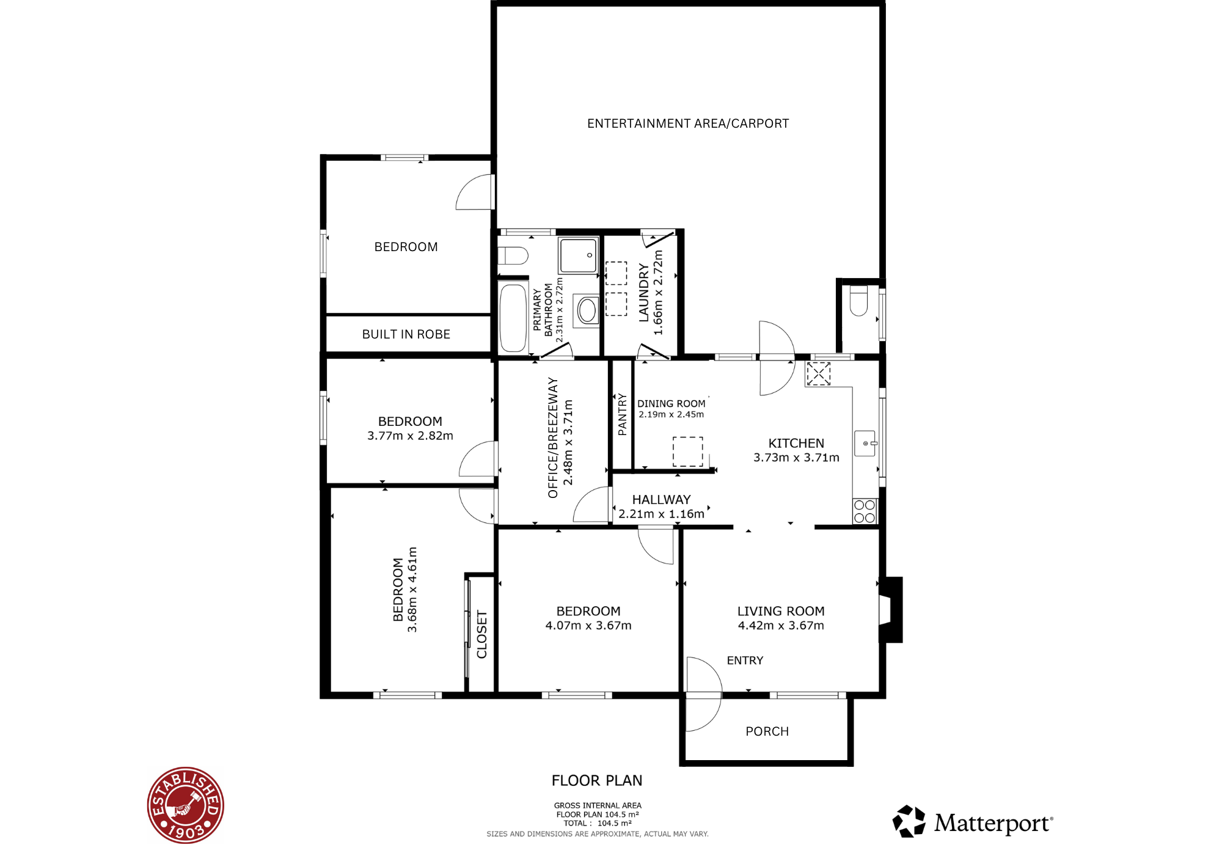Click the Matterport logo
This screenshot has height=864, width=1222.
pyautogui.click(x=973, y=822)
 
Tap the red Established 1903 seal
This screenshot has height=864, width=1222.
pyautogui.click(x=186, y=805)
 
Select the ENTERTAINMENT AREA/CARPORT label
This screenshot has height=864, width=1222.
pyautogui.click(x=688, y=123)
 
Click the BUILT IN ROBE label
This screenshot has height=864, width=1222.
pyautogui.click(x=406, y=334)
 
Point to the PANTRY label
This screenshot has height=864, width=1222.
pyautogui.click(x=622, y=414)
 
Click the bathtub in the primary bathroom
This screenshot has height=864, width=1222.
pyautogui.click(x=513, y=318)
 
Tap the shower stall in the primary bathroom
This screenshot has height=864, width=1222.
pyautogui.click(x=578, y=255)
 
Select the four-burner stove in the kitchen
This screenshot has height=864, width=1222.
pyautogui.click(x=865, y=511)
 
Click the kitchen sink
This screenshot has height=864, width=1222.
pyautogui.click(x=866, y=443)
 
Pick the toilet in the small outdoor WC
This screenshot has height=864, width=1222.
pyautogui.click(x=858, y=300)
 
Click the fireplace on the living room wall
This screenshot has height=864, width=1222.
pyautogui.click(x=891, y=609)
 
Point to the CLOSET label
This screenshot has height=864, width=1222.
pyautogui.click(x=481, y=634)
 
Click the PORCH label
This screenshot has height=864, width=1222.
pyautogui.click(x=767, y=731)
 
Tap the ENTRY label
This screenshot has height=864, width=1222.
pyautogui.click(x=745, y=661)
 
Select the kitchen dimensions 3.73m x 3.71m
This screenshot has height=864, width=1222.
pyautogui.click(x=796, y=458)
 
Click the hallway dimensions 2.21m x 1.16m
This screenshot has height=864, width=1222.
pyautogui.click(x=661, y=514)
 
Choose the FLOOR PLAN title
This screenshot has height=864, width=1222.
pyautogui.click(x=597, y=780)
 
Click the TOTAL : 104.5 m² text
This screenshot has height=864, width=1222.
pyautogui.click(x=598, y=823)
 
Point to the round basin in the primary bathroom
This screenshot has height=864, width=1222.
pyautogui.click(x=587, y=310)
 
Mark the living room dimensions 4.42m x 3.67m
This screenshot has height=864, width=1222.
pyautogui.click(x=781, y=626)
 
